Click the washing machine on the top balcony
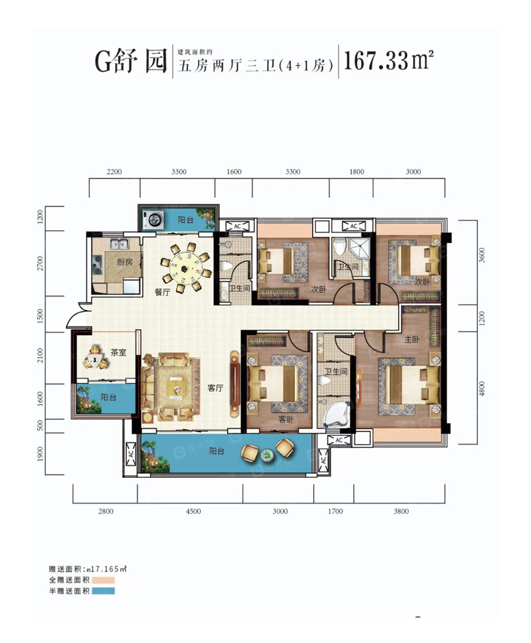(x=154, y=219)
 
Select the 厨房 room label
(x=124, y=262)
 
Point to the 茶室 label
(x=119, y=354)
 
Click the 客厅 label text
(x=214, y=389)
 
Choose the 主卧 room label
(x=412, y=339)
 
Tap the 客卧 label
(x=286, y=420)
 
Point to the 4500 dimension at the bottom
(x=193, y=512)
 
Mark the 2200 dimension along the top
(x=114, y=172)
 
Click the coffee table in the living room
(x=176, y=387)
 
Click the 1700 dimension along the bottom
(x=335, y=512)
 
